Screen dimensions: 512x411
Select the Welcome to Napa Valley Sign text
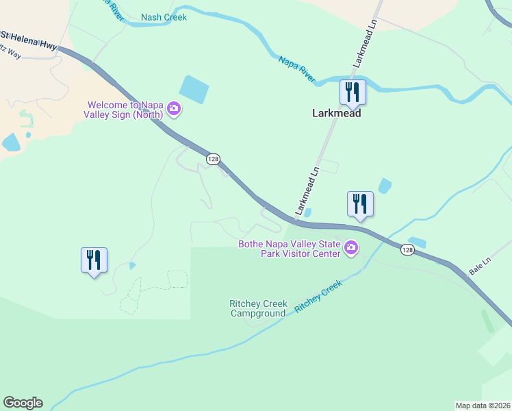[x=126, y=110]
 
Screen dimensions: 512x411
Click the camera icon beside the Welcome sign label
[x=174, y=108]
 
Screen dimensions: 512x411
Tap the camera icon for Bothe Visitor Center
[x=351, y=247]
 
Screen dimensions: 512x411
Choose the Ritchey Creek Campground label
[x=258, y=308]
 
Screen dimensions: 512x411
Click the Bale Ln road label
[x=481, y=266]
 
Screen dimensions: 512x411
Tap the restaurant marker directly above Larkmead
[x=353, y=92]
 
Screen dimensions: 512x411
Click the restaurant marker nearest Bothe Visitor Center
[x=360, y=203]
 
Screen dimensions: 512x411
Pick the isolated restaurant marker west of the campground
[x=94, y=260]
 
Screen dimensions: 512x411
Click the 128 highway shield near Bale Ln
[x=408, y=250]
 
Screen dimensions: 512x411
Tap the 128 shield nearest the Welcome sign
[x=213, y=159]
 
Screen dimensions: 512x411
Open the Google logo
[x=23, y=403]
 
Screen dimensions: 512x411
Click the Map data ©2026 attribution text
[x=483, y=406]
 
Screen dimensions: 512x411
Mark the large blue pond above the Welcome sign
[x=194, y=89]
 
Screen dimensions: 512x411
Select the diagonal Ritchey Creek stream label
[x=318, y=297]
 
